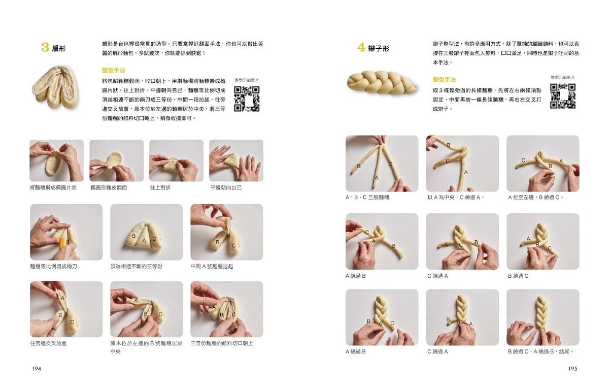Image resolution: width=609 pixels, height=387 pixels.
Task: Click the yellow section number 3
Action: click(x=45, y=47)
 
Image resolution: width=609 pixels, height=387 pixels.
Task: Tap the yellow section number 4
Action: click(x=361, y=47)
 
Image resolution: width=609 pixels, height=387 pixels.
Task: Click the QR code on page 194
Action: click(x=247, y=99)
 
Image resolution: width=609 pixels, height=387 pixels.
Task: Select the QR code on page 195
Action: click(x=563, y=96)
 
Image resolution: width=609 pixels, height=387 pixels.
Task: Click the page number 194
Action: click(x=37, y=369)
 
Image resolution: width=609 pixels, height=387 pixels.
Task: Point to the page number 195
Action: click(x=572, y=369)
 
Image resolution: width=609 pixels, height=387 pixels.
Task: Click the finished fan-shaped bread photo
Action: click(x=54, y=86)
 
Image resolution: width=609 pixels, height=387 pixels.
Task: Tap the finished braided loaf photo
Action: click(x=382, y=82)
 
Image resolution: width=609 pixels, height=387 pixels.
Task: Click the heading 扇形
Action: click(x=58, y=49)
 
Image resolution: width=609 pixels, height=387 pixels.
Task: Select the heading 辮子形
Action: click(x=379, y=49)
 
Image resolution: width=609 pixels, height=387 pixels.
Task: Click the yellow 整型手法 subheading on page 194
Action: click(x=113, y=70)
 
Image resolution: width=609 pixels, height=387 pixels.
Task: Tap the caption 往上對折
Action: click(x=160, y=187)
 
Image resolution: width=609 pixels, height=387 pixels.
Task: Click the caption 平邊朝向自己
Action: click(x=226, y=187)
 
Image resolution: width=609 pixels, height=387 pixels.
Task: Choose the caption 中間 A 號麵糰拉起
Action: click(x=212, y=267)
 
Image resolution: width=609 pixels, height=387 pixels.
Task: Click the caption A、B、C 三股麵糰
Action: click(x=367, y=198)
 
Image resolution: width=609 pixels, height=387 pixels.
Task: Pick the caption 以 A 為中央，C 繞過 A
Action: click(x=455, y=198)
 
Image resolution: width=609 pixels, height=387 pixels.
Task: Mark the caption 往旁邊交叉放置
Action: click(x=48, y=343)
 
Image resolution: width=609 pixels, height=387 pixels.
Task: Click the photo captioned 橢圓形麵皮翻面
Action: click(x=116, y=160)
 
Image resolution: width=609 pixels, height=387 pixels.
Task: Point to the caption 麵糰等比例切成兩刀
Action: click(x=54, y=267)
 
